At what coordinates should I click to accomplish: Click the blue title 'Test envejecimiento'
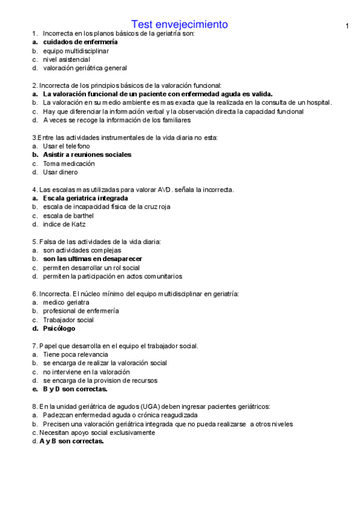point(180,24)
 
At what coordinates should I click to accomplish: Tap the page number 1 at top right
point(347,26)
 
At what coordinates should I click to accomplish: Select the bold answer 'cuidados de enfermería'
point(80,42)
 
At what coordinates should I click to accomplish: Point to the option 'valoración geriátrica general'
point(85,68)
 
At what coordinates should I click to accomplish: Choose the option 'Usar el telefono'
point(66,146)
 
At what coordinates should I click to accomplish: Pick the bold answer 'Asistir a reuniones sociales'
point(87,155)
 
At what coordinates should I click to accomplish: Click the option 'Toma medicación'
point(69,164)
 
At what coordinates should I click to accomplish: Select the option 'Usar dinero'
point(60,172)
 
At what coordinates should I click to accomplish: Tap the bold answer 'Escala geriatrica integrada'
point(85,198)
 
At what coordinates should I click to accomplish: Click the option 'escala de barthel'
point(68,215)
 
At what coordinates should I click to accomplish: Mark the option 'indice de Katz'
point(64,224)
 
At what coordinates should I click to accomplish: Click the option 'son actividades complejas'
point(82,250)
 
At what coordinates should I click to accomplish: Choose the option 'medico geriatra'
point(66,303)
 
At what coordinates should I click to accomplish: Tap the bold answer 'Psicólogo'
point(59,329)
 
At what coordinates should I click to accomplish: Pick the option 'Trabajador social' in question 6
point(68,320)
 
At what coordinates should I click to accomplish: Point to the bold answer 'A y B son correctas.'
point(72,441)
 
